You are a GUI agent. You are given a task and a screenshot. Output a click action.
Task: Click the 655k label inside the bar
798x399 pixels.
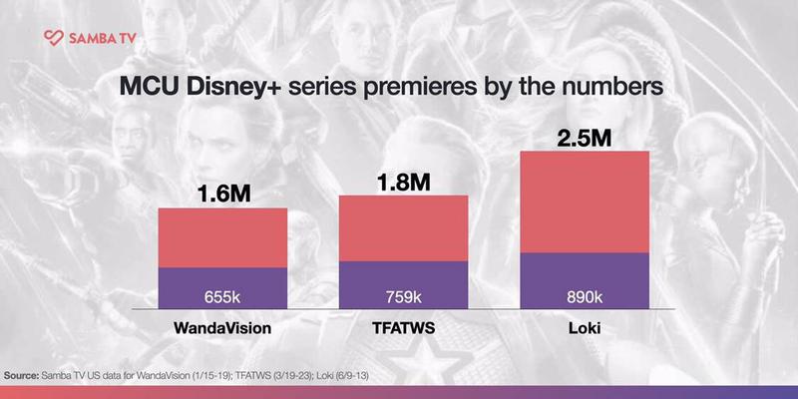coord(222,296)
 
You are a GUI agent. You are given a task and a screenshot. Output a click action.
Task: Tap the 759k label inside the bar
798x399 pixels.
coord(404,296)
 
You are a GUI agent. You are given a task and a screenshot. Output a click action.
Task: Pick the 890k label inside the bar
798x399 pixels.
coord(585,296)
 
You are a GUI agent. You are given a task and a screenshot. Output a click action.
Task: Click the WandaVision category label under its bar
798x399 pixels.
coord(222,327)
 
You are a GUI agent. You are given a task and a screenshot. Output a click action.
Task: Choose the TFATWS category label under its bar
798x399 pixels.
coord(404,327)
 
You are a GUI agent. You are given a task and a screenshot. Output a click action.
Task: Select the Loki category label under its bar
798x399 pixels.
coord(585,327)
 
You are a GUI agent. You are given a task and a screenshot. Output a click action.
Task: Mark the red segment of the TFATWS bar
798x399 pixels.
coord(404,227)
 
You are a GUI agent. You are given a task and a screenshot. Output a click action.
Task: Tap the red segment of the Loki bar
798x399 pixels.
coord(585,201)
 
